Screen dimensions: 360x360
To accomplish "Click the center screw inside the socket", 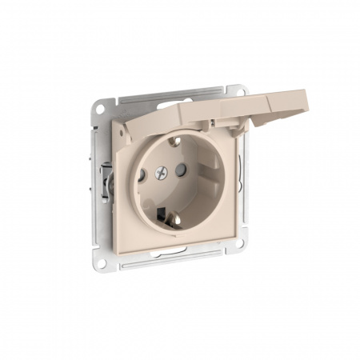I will pos(165,170).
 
